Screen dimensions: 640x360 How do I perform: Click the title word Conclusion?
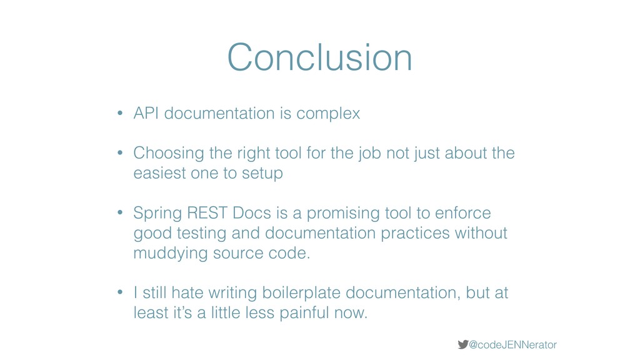tap(319, 57)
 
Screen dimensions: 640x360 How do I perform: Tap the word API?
tap(146, 113)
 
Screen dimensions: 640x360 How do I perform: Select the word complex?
tap(328, 114)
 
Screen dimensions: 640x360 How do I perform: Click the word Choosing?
tap(169, 154)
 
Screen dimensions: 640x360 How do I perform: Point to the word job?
tap(370, 154)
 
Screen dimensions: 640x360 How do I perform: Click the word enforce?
tap(463, 213)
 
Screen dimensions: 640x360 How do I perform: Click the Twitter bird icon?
tap(463, 344)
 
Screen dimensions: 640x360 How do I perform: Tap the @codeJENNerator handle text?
tap(512, 345)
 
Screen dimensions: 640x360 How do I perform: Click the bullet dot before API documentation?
tap(120, 113)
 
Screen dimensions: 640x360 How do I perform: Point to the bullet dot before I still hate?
tap(120, 292)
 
